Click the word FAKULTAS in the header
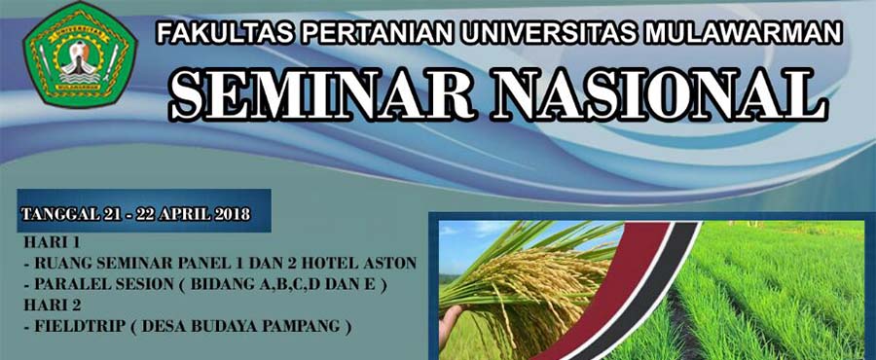pyautogui.click(x=225, y=33)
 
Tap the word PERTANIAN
pyautogui.click(x=379, y=33)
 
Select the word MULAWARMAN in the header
pyautogui.click(x=743, y=33)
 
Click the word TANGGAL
pyautogui.click(x=61, y=214)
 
